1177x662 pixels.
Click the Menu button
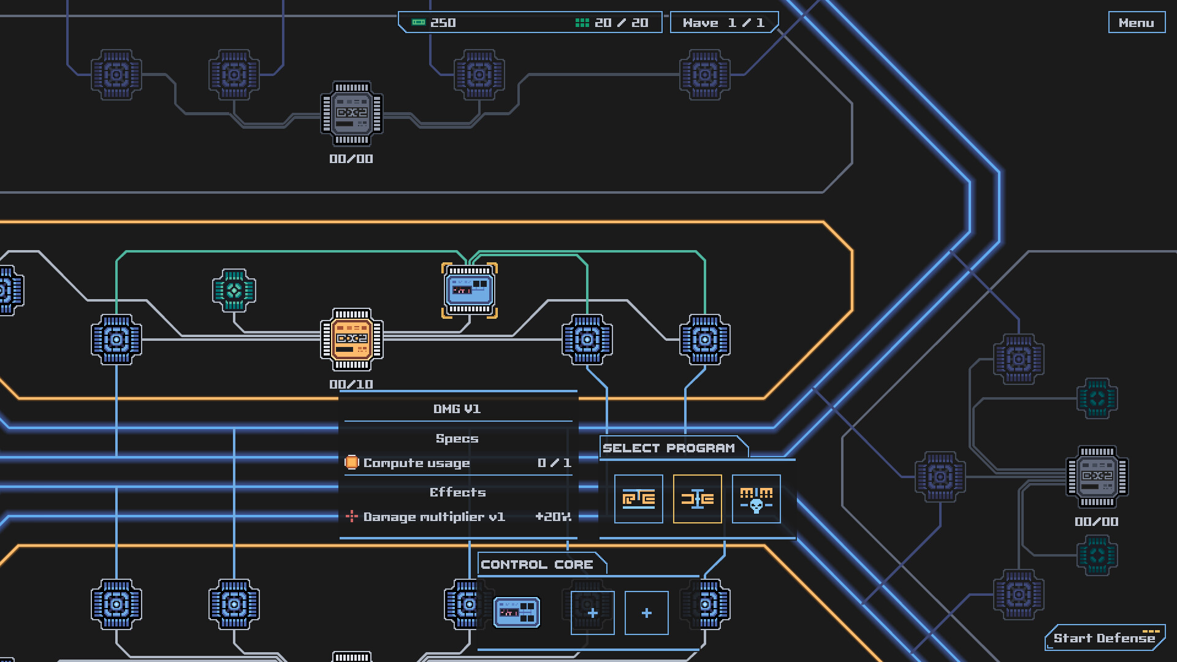pos(1136,23)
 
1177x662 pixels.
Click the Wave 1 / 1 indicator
pos(723,23)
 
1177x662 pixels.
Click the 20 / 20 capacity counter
pos(612,23)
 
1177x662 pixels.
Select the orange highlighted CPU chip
pos(352,340)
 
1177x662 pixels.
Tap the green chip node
pos(234,291)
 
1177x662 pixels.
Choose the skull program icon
pos(756,499)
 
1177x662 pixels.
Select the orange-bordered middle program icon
pos(697,499)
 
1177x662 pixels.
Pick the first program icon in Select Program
pos(638,499)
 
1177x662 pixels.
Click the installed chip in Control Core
pos(517,612)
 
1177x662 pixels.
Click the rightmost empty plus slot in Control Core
pos(646,613)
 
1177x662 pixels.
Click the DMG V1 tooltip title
pos(457,409)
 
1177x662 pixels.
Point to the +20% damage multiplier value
pos(553,517)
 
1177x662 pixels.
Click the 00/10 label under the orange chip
pos(351,384)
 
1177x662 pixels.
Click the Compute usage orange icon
pos(352,462)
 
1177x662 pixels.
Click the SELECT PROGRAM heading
pos(669,448)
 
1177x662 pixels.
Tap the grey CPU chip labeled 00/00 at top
pos(352,113)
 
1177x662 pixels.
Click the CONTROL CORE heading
pos(537,565)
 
